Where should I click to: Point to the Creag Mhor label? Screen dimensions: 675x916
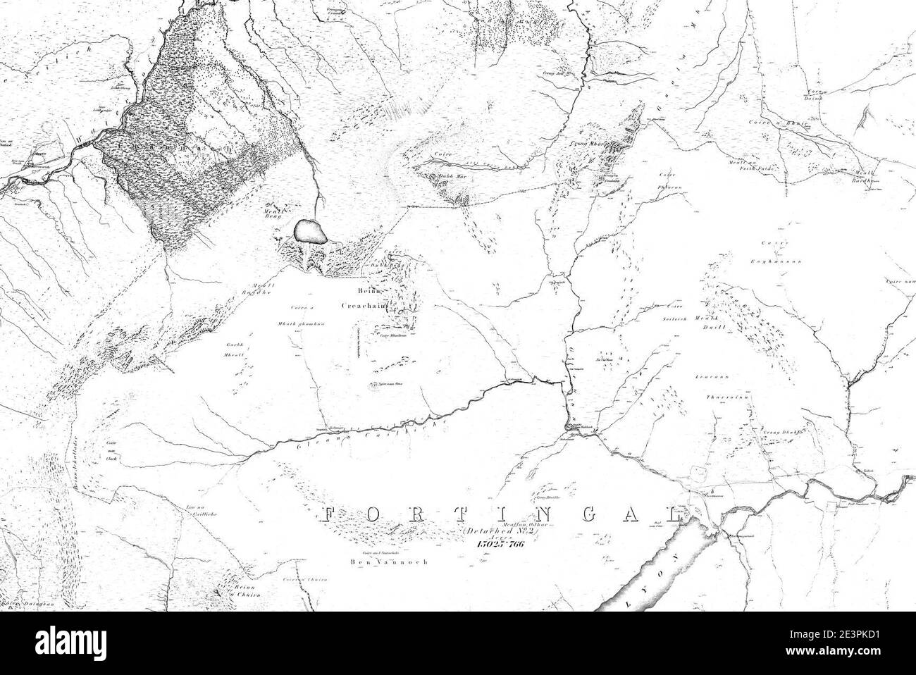583,144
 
